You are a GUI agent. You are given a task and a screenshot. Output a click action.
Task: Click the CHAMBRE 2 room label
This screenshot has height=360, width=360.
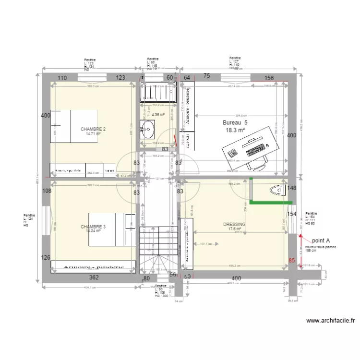pyautogui.click(x=93, y=129)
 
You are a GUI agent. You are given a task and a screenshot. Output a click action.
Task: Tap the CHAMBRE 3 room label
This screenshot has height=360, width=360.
pyautogui.click(x=93, y=227)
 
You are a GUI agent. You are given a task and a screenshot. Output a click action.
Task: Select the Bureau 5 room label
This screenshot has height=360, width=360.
pyautogui.click(x=235, y=122)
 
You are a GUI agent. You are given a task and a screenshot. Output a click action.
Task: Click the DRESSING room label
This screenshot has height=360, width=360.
pyautogui.click(x=234, y=224)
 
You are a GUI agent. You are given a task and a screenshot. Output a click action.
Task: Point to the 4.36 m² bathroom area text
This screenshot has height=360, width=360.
pyautogui.click(x=158, y=115)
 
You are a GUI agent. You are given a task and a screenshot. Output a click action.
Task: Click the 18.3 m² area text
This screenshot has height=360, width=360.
pyautogui.click(x=235, y=130)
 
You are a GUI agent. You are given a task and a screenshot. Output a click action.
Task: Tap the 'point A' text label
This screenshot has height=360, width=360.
pyautogui.click(x=321, y=240)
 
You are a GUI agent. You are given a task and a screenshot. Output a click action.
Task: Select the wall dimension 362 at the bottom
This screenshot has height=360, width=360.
pyautogui.click(x=94, y=277)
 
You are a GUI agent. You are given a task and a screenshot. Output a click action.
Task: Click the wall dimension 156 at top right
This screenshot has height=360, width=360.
pyautogui.click(x=269, y=78)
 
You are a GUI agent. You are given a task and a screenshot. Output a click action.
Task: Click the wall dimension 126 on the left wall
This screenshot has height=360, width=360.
pyautogui.click(x=46, y=258)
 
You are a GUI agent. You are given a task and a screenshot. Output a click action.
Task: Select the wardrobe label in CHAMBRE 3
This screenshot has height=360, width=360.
pyautogui.click(x=88, y=267)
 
